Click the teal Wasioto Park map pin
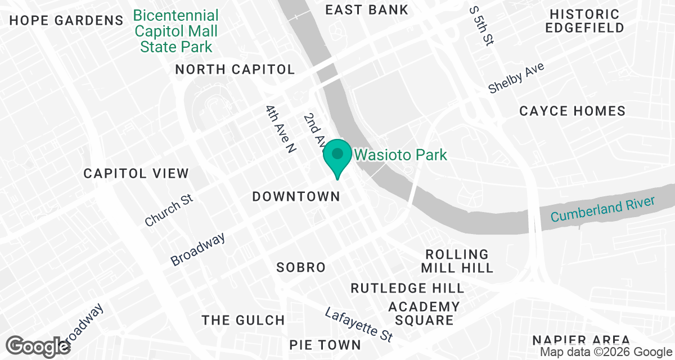tap(337, 156)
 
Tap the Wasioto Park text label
tap(400, 154)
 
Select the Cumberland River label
tap(603, 209)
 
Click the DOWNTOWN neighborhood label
tap(296, 196)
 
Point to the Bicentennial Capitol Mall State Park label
tap(176, 30)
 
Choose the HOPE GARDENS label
tap(66, 21)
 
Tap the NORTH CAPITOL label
tap(235, 69)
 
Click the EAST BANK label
tap(367, 10)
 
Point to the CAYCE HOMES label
tap(572, 111)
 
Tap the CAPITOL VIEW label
tap(136, 173)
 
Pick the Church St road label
tap(169, 210)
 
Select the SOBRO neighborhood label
tap(301, 267)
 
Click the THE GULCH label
tap(244, 321)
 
